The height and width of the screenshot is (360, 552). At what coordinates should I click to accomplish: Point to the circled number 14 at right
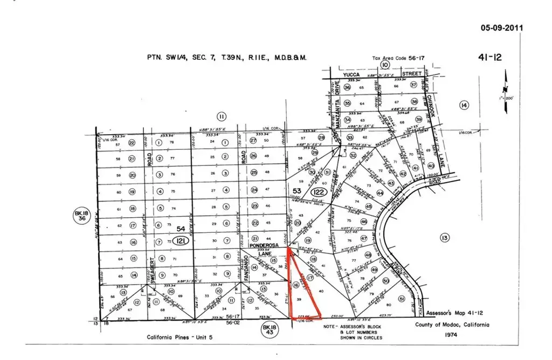point(464,105)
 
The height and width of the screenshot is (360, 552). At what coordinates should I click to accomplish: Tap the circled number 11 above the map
point(221,115)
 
